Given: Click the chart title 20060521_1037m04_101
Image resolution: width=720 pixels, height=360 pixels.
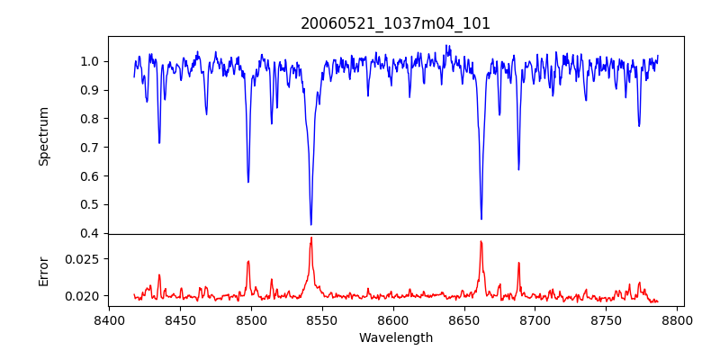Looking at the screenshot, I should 395,23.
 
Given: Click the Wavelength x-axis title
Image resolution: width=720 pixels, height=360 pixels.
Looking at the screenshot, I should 395,337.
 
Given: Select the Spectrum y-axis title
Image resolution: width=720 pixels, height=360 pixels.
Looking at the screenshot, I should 44,135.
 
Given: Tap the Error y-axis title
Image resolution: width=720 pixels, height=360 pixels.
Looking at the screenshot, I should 44,271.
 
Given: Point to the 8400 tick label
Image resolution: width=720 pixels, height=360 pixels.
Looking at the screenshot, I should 109,319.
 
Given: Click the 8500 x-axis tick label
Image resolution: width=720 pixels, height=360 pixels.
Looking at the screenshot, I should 251,319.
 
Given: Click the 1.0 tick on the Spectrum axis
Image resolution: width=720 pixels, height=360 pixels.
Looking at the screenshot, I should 91,61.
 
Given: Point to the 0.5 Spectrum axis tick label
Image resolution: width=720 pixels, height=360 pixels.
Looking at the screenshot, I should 91,204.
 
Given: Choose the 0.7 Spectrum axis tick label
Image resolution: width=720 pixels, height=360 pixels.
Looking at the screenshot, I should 91,147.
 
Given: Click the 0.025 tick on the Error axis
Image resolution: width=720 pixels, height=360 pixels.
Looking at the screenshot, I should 84,258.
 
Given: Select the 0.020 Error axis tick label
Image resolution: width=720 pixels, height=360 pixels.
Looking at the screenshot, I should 84,295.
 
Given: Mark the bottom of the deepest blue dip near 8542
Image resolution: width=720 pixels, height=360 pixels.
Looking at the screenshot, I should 310,224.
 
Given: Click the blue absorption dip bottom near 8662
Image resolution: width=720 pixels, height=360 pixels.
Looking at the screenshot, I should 481,219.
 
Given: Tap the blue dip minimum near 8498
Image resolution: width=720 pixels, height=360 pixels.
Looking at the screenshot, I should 248,182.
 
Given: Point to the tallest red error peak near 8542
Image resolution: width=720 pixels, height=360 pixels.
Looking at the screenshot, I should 310,238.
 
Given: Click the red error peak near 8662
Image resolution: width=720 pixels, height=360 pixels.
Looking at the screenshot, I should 481,241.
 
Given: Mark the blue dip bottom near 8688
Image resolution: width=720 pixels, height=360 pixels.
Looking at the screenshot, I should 518,169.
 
